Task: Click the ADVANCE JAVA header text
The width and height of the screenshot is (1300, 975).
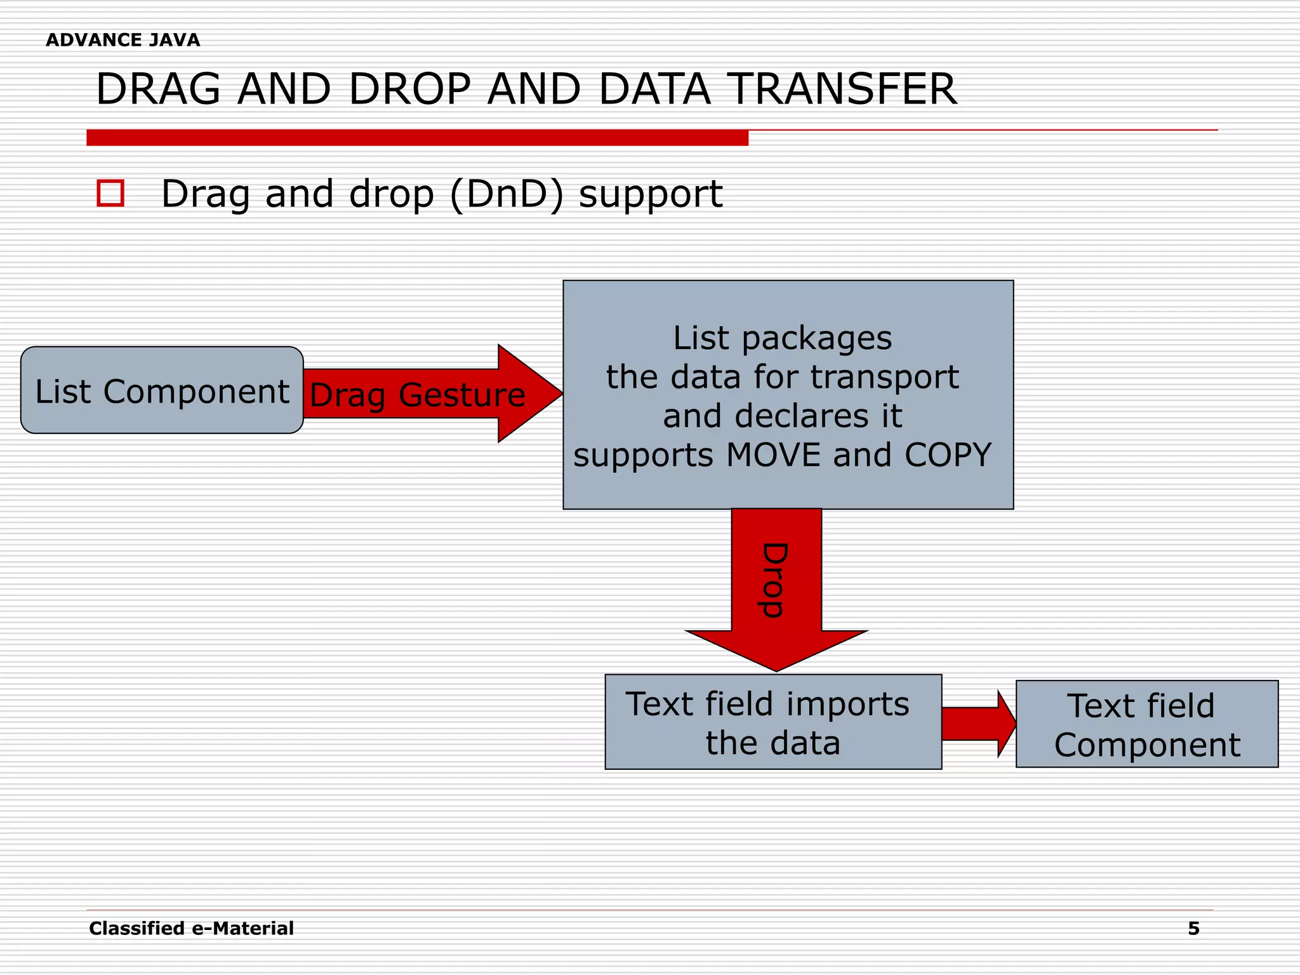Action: click(123, 40)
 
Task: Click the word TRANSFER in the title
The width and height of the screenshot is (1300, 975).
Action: click(840, 90)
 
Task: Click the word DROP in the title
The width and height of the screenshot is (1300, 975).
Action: click(409, 90)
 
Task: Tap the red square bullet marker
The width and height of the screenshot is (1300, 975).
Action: click(110, 193)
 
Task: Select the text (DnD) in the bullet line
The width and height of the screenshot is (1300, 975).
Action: click(506, 194)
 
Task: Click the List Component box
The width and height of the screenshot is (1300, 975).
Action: click(162, 390)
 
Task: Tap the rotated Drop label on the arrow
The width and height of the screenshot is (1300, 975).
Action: click(774, 580)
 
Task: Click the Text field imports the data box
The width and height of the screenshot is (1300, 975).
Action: click(773, 722)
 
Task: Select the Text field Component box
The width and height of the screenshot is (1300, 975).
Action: click(1146, 724)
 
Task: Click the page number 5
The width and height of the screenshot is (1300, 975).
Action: click(1193, 929)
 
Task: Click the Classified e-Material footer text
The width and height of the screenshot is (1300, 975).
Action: click(191, 929)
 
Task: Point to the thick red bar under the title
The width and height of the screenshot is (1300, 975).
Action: click(417, 138)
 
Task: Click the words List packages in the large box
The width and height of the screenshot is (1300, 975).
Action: click(782, 338)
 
